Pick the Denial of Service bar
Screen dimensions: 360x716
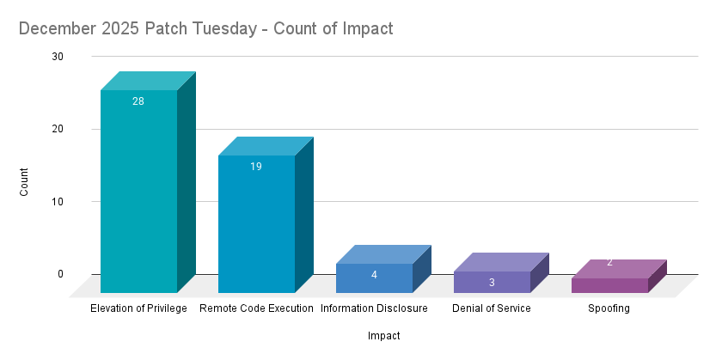[492, 283]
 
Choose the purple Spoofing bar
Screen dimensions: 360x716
[609, 284]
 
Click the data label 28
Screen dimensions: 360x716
[138, 101]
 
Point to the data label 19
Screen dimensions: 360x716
[256, 167]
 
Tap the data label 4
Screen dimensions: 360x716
[374, 275]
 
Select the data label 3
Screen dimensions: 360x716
[492, 283]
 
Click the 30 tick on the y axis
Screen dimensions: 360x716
[58, 57]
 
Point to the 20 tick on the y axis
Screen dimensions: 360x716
[58, 129]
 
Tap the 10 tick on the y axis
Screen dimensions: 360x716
[58, 202]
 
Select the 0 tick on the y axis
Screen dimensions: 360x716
[60, 274]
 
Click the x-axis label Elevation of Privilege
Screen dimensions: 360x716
[138, 308]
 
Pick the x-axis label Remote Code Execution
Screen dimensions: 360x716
[256, 308]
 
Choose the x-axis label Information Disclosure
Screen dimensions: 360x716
[374, 308]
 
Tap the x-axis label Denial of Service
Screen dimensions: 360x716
[492, 308]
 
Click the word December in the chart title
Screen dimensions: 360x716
[55, 28]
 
